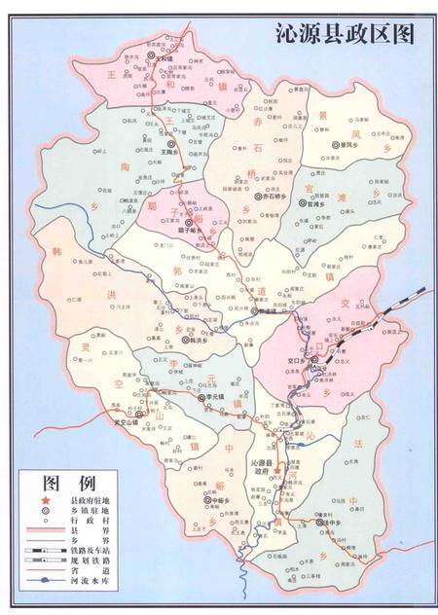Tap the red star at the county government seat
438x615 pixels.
pyautogui.click(x=277, y=470)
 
